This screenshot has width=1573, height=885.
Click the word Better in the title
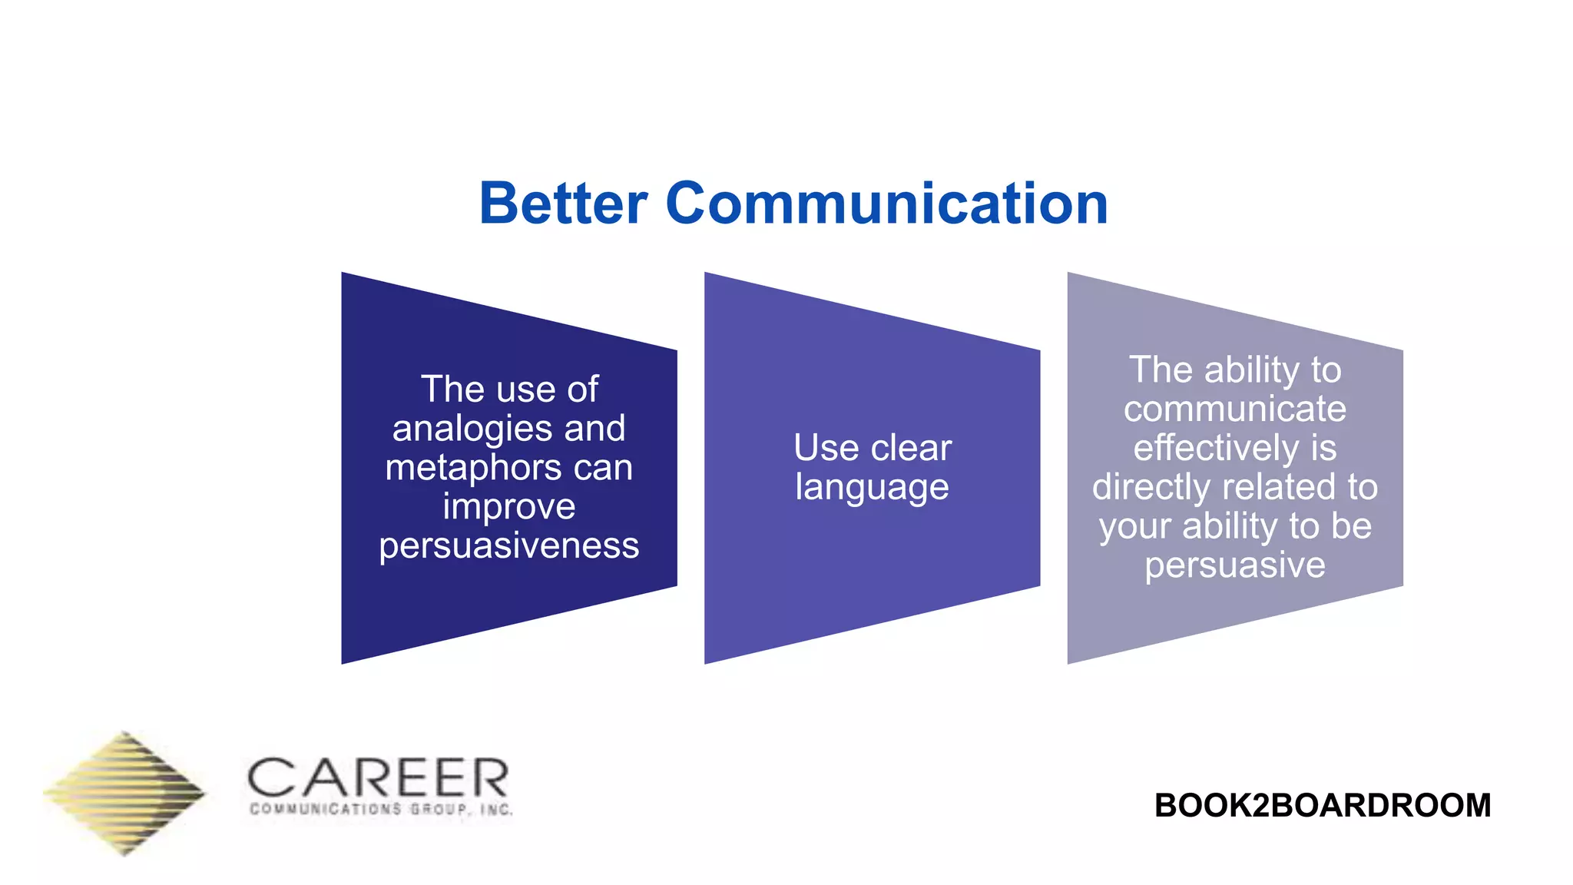pos(563,204)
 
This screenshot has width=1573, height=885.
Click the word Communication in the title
pos(887,204)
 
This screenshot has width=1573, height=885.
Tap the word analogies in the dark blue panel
pos(471,429)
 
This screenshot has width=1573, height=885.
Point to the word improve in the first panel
pos(508,506)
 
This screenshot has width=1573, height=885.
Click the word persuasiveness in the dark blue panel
pos(508,545)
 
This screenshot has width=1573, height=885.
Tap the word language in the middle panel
pos(872,488)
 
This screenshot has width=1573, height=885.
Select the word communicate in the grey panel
pos(1234,409)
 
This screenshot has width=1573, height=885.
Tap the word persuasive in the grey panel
pos(1234,565)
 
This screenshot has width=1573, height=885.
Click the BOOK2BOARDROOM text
pos(1322,805)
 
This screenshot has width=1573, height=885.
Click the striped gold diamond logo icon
pos(124,793)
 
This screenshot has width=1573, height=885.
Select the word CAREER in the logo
pos(378,777)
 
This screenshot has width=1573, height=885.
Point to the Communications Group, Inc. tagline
pos(381,809)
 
